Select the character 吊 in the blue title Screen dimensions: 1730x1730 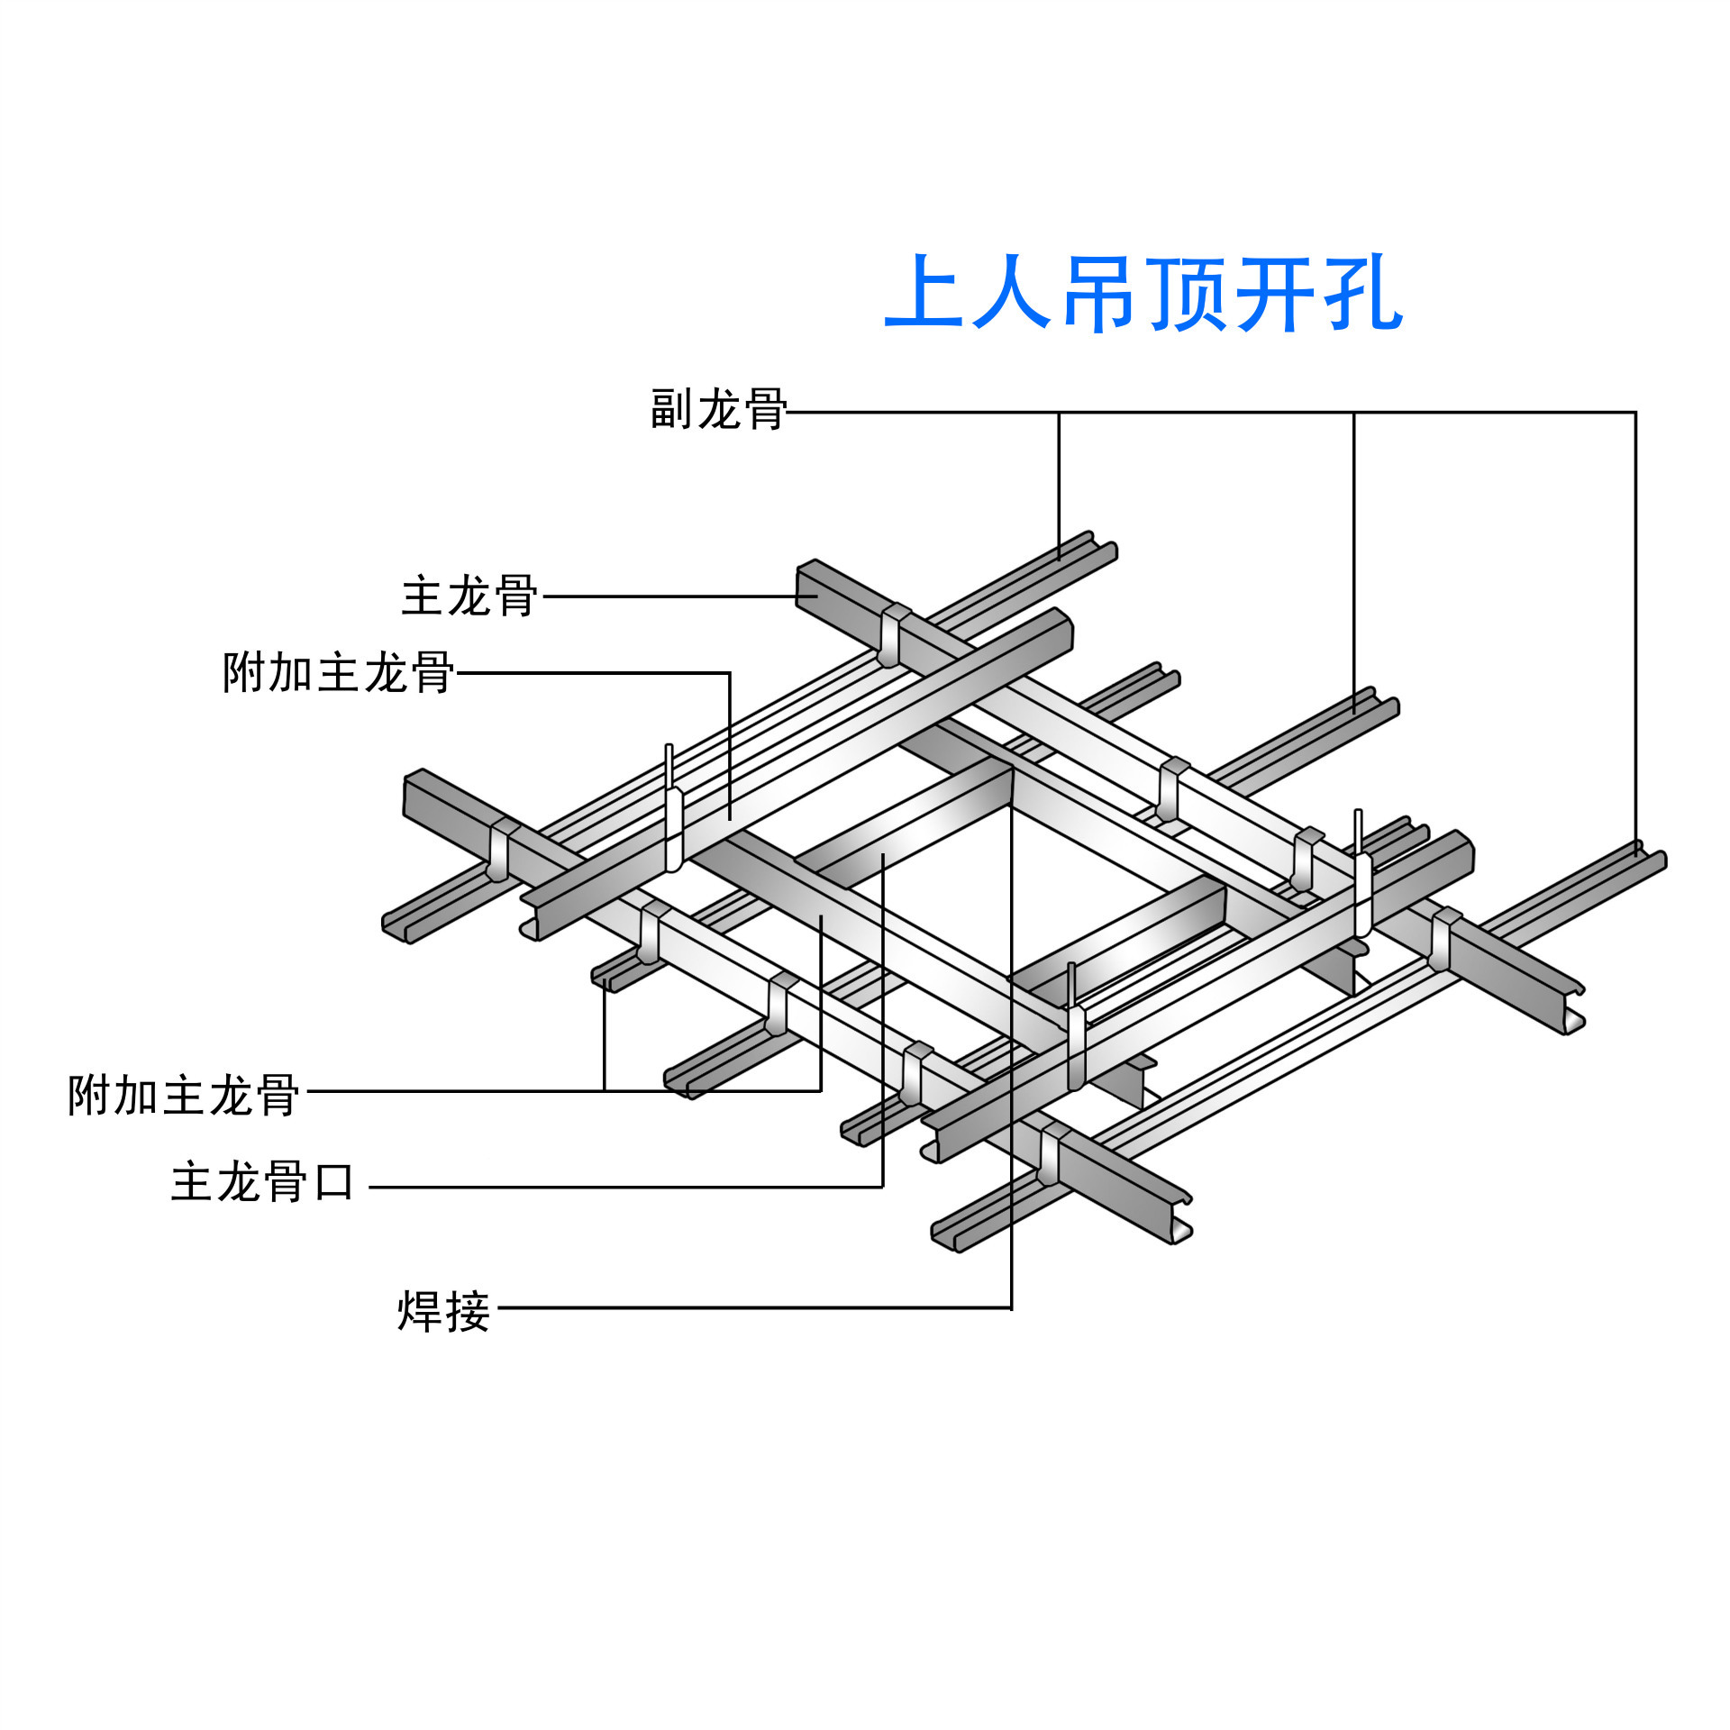[x=1099, y=293]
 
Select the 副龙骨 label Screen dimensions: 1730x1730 [x=718, y=410]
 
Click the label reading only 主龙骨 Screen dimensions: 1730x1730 [x=469, y=596]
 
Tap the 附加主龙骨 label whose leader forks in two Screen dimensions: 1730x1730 [x=184, y=1096]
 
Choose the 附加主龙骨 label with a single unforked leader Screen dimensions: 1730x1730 [x=338, y=673]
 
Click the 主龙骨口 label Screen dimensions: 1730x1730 [x=262, y=1182]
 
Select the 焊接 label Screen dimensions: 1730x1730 [x=443, y=1312]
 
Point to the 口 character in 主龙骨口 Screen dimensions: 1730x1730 [x=334, y=1182]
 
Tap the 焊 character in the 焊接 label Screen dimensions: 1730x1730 [x=420, y=1312]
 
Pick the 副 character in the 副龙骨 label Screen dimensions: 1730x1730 [x=671, y=410]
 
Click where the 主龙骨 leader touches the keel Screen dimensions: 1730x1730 [x=816, y=596]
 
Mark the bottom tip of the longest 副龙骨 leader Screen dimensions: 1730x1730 [x=1635, y=854]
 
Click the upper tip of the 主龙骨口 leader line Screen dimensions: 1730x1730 [x=883, y=855]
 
